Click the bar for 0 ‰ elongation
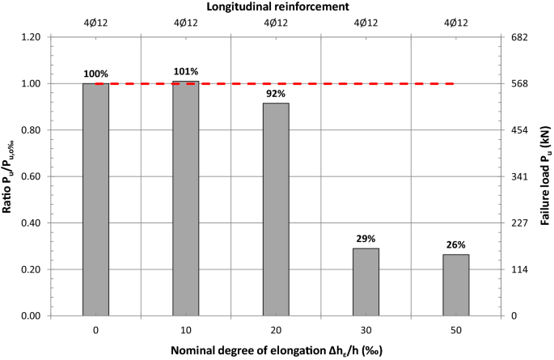click(x=95, y=199)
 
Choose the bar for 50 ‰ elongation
click(x=457, y=285)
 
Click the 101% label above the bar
click(x=186, y=70)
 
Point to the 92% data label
click(x=276, y=92)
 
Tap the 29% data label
click(x=366, y=238)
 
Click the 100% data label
click(x=95, y=74)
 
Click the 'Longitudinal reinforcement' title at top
click(x=277, y=6)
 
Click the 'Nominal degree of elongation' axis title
click(x=277, y=350)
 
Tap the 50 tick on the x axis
click(x=457, y=330)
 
